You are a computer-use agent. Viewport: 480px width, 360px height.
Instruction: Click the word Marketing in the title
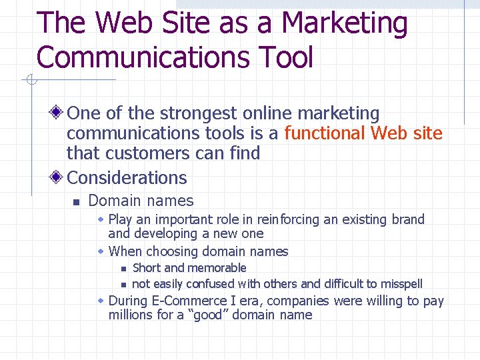(344, 24)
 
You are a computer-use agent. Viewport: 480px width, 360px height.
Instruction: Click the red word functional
(325, 133)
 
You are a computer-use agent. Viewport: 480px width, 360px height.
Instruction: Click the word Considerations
(127, 178)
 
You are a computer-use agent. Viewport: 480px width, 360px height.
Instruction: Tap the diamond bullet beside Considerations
(57, 177)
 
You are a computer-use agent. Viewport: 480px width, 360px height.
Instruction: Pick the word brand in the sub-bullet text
(407, 219)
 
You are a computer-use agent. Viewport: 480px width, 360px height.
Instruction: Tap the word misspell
(401, 284)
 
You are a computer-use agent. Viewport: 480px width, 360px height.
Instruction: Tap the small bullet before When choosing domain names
(101, 251)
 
